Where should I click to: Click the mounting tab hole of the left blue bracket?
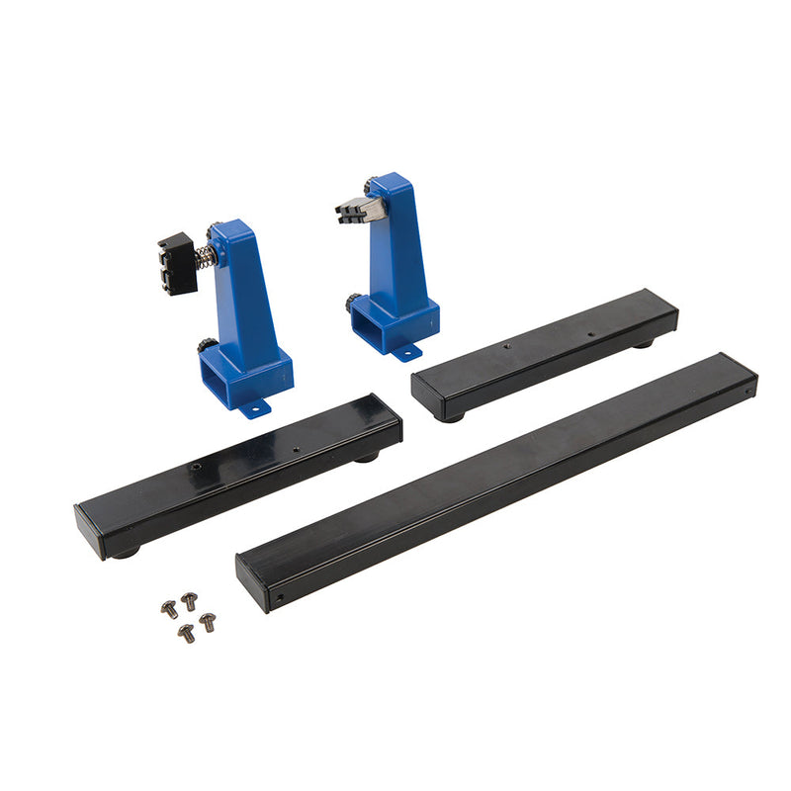[x=253, y=405]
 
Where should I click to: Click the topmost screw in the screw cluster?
[x=188, y=599]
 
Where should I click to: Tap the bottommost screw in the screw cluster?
[x=186, y=632]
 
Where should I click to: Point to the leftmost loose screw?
[x=169, y=609]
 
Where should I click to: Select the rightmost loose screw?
[x=208, y=621]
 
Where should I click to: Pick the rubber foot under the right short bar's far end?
[x=645, y=343]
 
